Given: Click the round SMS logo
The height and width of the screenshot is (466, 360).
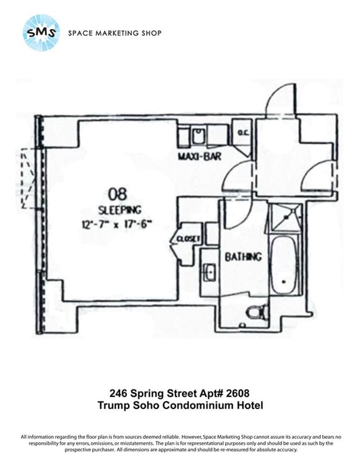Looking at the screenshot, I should pyautogui.click(x=41, y=32).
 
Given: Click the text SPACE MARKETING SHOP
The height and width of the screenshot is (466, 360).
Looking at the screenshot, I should pyautogui.click(x=114, y=33).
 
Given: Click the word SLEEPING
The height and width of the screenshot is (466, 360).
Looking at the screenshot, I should pyautogui.click(x=119, y=209).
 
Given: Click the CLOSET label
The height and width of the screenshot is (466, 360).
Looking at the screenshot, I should pyautogui.click(x=188, y=239).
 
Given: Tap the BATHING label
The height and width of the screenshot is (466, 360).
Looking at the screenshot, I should pyautogui.click(x=243, y=257).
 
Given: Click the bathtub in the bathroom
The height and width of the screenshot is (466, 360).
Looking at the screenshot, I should pyautogui.click(x=283, y=264).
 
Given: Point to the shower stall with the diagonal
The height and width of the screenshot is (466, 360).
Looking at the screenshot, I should pyautogui.click(x=284, y=216).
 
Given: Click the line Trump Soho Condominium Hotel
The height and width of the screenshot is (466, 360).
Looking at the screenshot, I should pyautogui.click(x=180, y=405).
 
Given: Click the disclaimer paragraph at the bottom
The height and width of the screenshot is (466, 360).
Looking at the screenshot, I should pyautogui.click(x=180, y=443).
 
